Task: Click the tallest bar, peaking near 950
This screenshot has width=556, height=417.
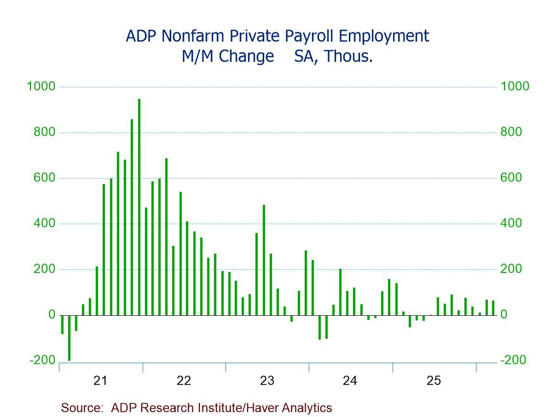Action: [x=139, y=207]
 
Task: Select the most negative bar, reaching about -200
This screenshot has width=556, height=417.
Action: [x=69, y=338]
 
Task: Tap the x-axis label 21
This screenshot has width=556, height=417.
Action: [x=100, y=381]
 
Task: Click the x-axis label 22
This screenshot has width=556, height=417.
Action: [x=184, y=381]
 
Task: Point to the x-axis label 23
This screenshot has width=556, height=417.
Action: [x=267, y=381]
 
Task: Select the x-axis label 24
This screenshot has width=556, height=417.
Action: [x=350, y=381]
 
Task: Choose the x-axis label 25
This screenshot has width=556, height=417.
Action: [x=434, y=381]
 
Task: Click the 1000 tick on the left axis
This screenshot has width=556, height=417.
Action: [x=41, y=87]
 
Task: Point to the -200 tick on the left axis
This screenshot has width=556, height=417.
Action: [x=42, y=360]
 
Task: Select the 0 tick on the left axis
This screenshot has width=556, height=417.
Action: [x=51, y=315]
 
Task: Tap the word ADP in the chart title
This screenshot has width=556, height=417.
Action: [x=140, y=36]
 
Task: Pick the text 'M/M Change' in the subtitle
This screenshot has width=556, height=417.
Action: [x=227, y=56]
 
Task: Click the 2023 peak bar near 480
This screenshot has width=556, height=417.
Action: [x=264, y=260]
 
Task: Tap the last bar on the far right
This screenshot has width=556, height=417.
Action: [x=493, y=308]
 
